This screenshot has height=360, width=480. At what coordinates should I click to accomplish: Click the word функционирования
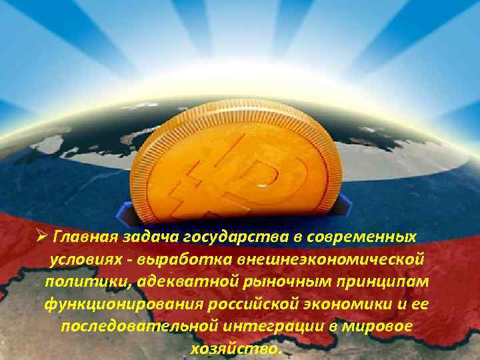pyautogui.click(x=119, y=305)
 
